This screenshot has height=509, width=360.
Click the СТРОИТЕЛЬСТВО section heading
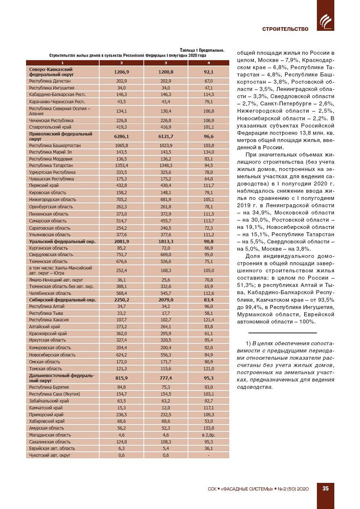(285, 29)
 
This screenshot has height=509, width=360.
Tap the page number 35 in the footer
(325, 488)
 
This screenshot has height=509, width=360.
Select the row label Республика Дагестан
(50, 81)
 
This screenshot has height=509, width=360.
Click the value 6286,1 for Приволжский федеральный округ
(122, 136)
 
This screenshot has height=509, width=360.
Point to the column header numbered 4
(209, 63)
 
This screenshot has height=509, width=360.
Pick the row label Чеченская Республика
(51, 121)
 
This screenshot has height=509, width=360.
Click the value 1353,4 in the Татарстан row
(122, 165)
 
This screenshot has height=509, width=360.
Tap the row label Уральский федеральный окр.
(62, 241)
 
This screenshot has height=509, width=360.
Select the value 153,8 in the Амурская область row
(209, 428)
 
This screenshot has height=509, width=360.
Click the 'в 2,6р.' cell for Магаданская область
(209, 435)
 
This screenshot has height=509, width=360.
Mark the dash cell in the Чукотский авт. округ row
(209, 455)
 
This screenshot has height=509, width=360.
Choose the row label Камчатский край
(46, 408)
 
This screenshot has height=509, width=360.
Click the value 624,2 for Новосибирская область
(122, 355)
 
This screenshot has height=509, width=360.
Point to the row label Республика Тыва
(46, 313)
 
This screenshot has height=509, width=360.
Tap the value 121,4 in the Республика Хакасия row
(209, 320)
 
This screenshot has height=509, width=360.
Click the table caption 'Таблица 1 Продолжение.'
(202, 50)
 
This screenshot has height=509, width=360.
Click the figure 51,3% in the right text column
(245, 285)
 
